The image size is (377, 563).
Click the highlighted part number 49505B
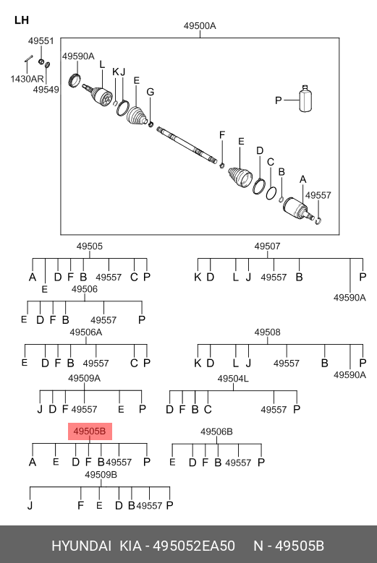coord(90,431)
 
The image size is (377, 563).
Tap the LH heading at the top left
coord(22,20)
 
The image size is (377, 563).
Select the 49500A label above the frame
coord(200,26)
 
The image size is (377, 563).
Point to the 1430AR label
coord(27,79)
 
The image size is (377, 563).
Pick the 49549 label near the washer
coord(46,90)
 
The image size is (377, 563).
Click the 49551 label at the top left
coord(41,41)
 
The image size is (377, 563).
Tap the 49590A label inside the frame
coord(78,56)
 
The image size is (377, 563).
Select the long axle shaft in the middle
coord(187,145)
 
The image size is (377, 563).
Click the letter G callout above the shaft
coord(151,92)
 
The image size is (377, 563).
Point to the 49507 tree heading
coord(268,246)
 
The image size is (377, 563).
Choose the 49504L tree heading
coord(233,379)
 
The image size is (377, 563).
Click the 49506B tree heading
coord(216,431)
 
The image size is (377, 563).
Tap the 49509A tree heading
coord(85,378)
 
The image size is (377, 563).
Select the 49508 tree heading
coord(268,332)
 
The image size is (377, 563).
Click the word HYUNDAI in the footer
coord(82,546)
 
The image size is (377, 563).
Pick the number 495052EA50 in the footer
coord(194,546)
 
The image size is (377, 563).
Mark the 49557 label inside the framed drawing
coord(318,195)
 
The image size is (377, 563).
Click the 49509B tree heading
coord(101,475)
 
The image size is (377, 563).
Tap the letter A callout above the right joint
coord(303,179)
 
